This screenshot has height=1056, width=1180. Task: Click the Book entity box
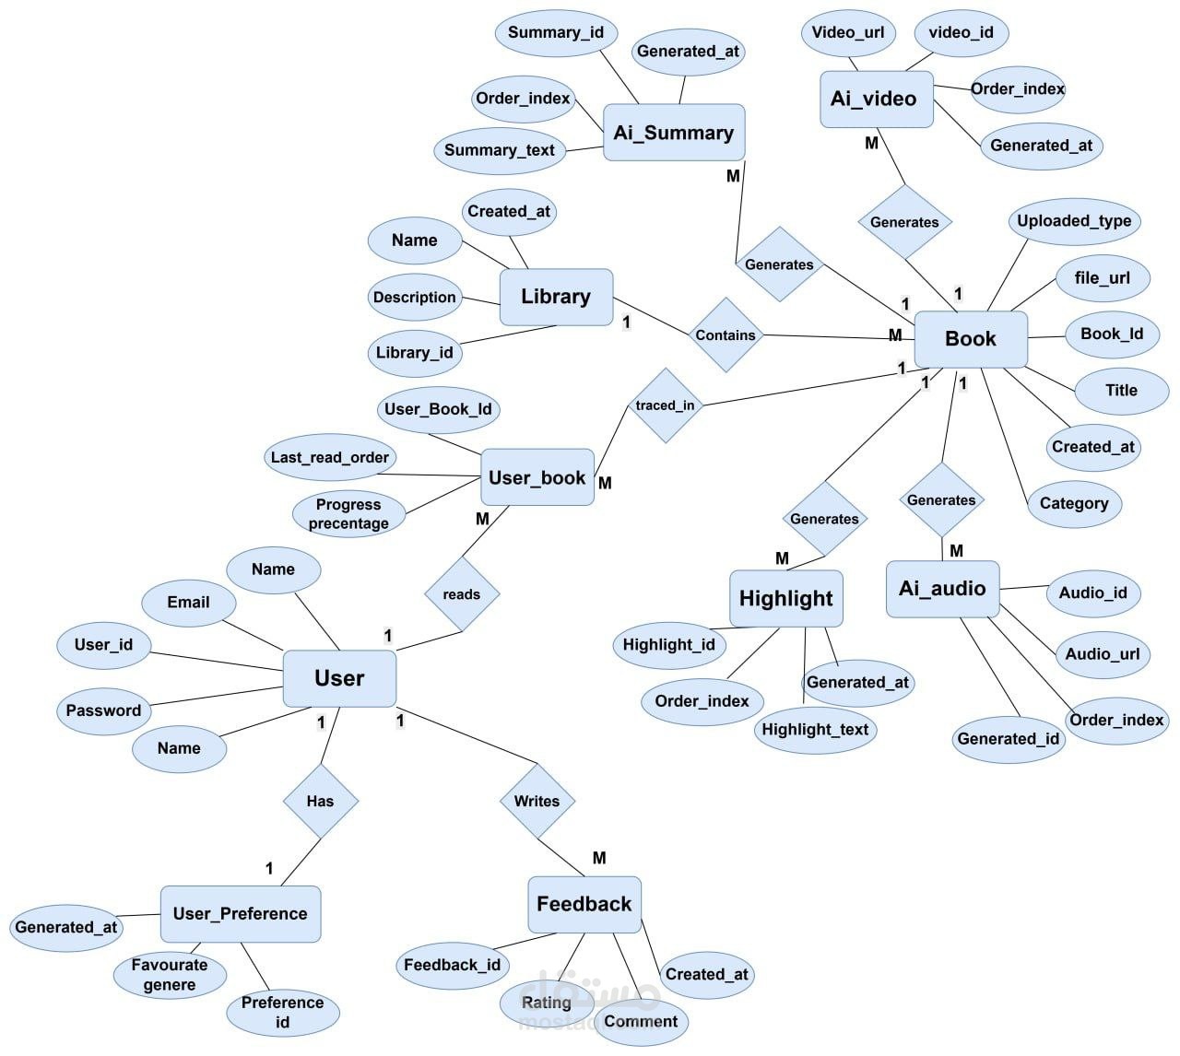point(970,339)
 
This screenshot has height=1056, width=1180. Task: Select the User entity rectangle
point(339,678)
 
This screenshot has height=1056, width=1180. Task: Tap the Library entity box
point(556,297)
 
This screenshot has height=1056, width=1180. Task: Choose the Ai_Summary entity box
point(673,133)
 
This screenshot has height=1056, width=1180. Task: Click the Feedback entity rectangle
point(584,904)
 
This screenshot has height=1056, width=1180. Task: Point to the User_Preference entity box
point(240,913)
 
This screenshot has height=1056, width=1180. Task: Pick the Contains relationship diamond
point(726,335)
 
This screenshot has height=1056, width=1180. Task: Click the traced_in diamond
point(665,405)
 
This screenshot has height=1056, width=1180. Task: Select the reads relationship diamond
point(461,594)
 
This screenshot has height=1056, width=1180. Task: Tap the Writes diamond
point(537,801)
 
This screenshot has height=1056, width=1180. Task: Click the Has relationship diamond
point(320,801)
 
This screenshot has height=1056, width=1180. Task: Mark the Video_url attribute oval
point(847,33)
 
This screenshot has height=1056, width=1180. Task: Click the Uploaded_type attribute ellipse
point(1074,221)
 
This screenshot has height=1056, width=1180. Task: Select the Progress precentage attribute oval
point(348,514)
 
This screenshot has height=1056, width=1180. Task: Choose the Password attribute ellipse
point(103,710)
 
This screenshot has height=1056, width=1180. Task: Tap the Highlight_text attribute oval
point(815,730)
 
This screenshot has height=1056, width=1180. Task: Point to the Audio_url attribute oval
point(1102,654)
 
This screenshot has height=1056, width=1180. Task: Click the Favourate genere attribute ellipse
point(169,975)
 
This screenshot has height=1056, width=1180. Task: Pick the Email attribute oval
point(188,603)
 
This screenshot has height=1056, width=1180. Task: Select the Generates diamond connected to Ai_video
point(904,222)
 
